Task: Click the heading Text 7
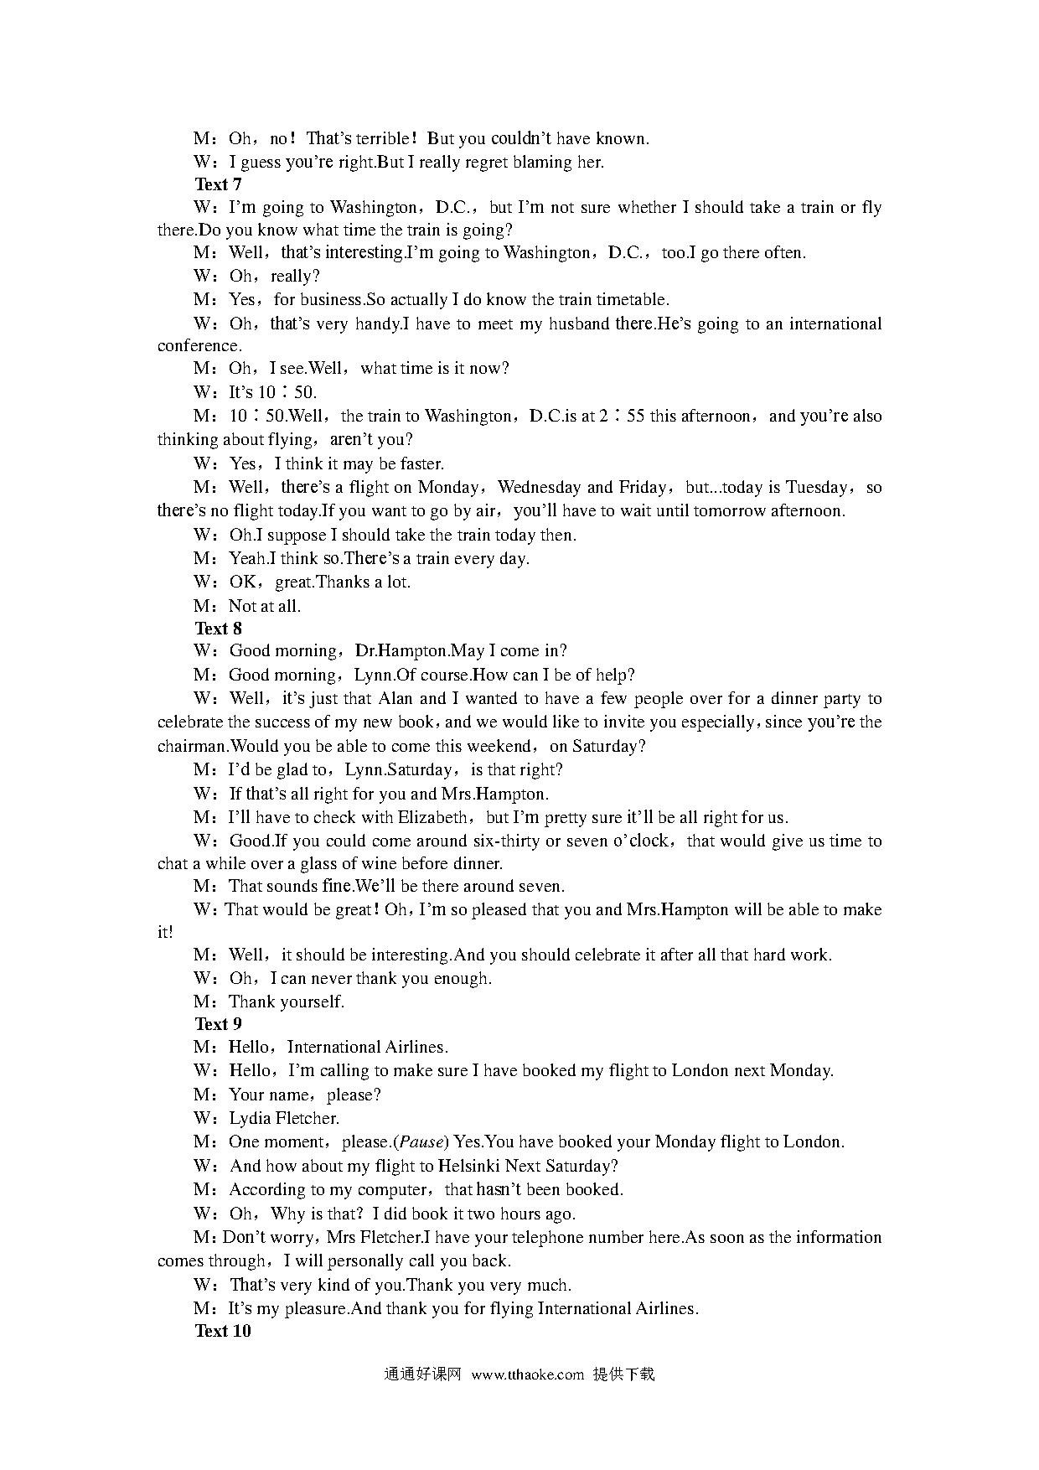click(218, 184)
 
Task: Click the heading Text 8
click(218, 629)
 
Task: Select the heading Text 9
click(218, 1024)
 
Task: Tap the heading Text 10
click(222, 1331)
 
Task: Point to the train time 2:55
click(622, 417)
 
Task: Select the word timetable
click(631, 300)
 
